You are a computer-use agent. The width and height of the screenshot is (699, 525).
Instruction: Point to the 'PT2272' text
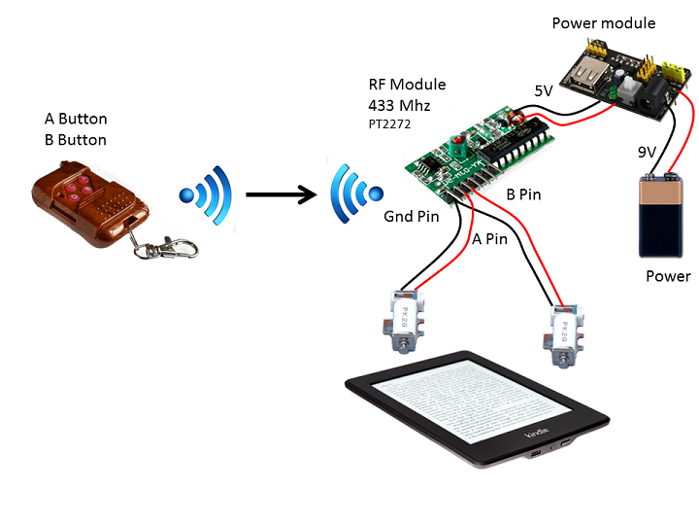coord(388,125)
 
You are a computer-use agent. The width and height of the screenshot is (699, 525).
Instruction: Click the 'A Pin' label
coord(489,238)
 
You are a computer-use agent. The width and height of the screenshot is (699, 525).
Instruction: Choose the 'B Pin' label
coord(524,194)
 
